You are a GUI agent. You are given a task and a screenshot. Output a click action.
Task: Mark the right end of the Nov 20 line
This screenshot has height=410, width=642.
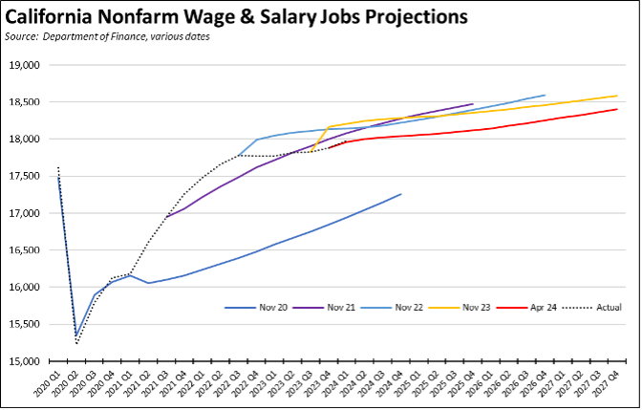coord(401,194)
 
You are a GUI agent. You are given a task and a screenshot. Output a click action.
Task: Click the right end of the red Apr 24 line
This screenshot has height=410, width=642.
coord(617,109)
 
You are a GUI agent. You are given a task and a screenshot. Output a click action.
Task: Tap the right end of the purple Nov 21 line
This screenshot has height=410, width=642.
coord(473,104)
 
